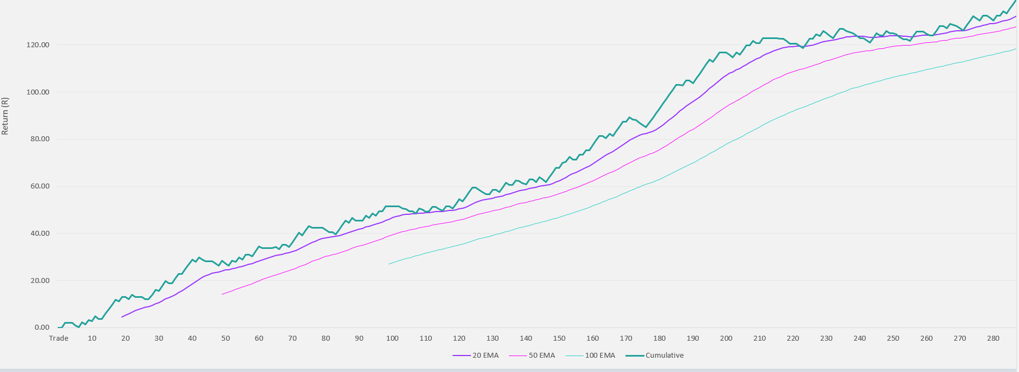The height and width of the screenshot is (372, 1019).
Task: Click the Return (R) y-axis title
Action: click(5, 116)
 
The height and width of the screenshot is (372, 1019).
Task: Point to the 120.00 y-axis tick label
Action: click(38, 45)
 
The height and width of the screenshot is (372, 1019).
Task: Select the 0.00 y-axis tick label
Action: click(42, 327)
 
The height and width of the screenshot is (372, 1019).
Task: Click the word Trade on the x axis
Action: click(59, 338)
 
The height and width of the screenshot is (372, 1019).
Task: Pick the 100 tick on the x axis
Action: click(392, 338)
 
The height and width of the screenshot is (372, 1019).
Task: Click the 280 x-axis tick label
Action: click(993, 338)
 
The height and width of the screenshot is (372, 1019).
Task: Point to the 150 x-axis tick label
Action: click(559, 338)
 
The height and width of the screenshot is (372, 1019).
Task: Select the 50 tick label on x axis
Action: click(226, 338)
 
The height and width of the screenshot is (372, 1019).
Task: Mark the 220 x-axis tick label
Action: click(793, 338)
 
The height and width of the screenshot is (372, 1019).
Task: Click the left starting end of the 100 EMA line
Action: click(389, 264)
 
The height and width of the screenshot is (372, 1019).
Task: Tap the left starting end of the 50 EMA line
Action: click(222, 294)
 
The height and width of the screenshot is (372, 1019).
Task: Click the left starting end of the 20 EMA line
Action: click(122, 317)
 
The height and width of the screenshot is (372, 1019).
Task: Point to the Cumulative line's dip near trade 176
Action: click(646, 127)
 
